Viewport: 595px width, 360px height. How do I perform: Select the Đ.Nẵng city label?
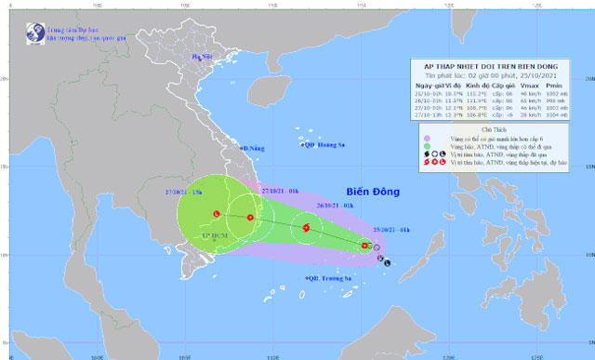coord(253,148)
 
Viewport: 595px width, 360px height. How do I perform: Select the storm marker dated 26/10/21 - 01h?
coord(305,228)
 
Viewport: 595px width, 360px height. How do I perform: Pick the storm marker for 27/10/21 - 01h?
coord(250,218)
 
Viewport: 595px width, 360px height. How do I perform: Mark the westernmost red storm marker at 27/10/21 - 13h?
coord(216,213)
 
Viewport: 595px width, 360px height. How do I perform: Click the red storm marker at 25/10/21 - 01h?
coord(365,247)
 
